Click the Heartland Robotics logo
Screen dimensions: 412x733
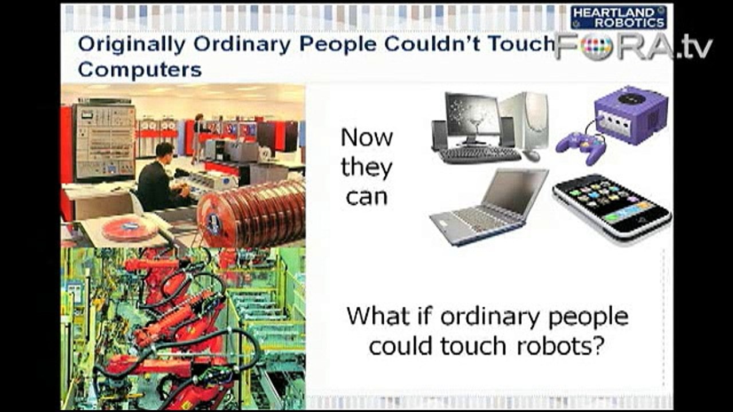618,17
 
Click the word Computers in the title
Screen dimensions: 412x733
140,70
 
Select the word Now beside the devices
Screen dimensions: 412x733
366,138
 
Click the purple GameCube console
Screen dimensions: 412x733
631,115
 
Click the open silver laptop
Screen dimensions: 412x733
489,206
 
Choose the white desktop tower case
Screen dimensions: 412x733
524,121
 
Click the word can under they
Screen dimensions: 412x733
367,197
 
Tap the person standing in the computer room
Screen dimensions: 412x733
198,137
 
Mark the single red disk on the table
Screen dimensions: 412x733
129,229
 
